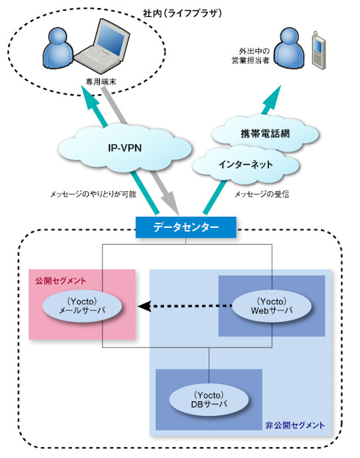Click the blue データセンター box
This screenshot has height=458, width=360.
click(186, 227)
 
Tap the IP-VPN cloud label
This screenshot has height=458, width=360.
click(125, 148)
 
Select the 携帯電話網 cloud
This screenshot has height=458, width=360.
click(264, 134)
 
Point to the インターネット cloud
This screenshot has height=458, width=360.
click(245, 165)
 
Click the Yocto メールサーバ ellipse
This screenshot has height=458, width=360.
click(82, 306)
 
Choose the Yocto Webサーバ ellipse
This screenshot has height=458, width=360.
click(272, 306)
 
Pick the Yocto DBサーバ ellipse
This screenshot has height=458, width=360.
click(209, 400)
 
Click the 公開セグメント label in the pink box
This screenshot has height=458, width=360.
click(61, 281)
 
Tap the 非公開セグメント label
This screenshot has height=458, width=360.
click(295, 425)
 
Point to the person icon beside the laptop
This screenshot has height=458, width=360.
click(58, 49)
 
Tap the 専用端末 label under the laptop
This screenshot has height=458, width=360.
click(101, 82)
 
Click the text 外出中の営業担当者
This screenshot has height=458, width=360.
click(251, 56)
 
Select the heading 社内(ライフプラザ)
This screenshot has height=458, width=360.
click(182, 13)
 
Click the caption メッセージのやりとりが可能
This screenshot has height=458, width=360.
click(93, 194)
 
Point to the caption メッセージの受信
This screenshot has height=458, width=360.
click(262, 194)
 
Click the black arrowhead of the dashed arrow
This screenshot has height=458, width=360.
click(145, 307)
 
